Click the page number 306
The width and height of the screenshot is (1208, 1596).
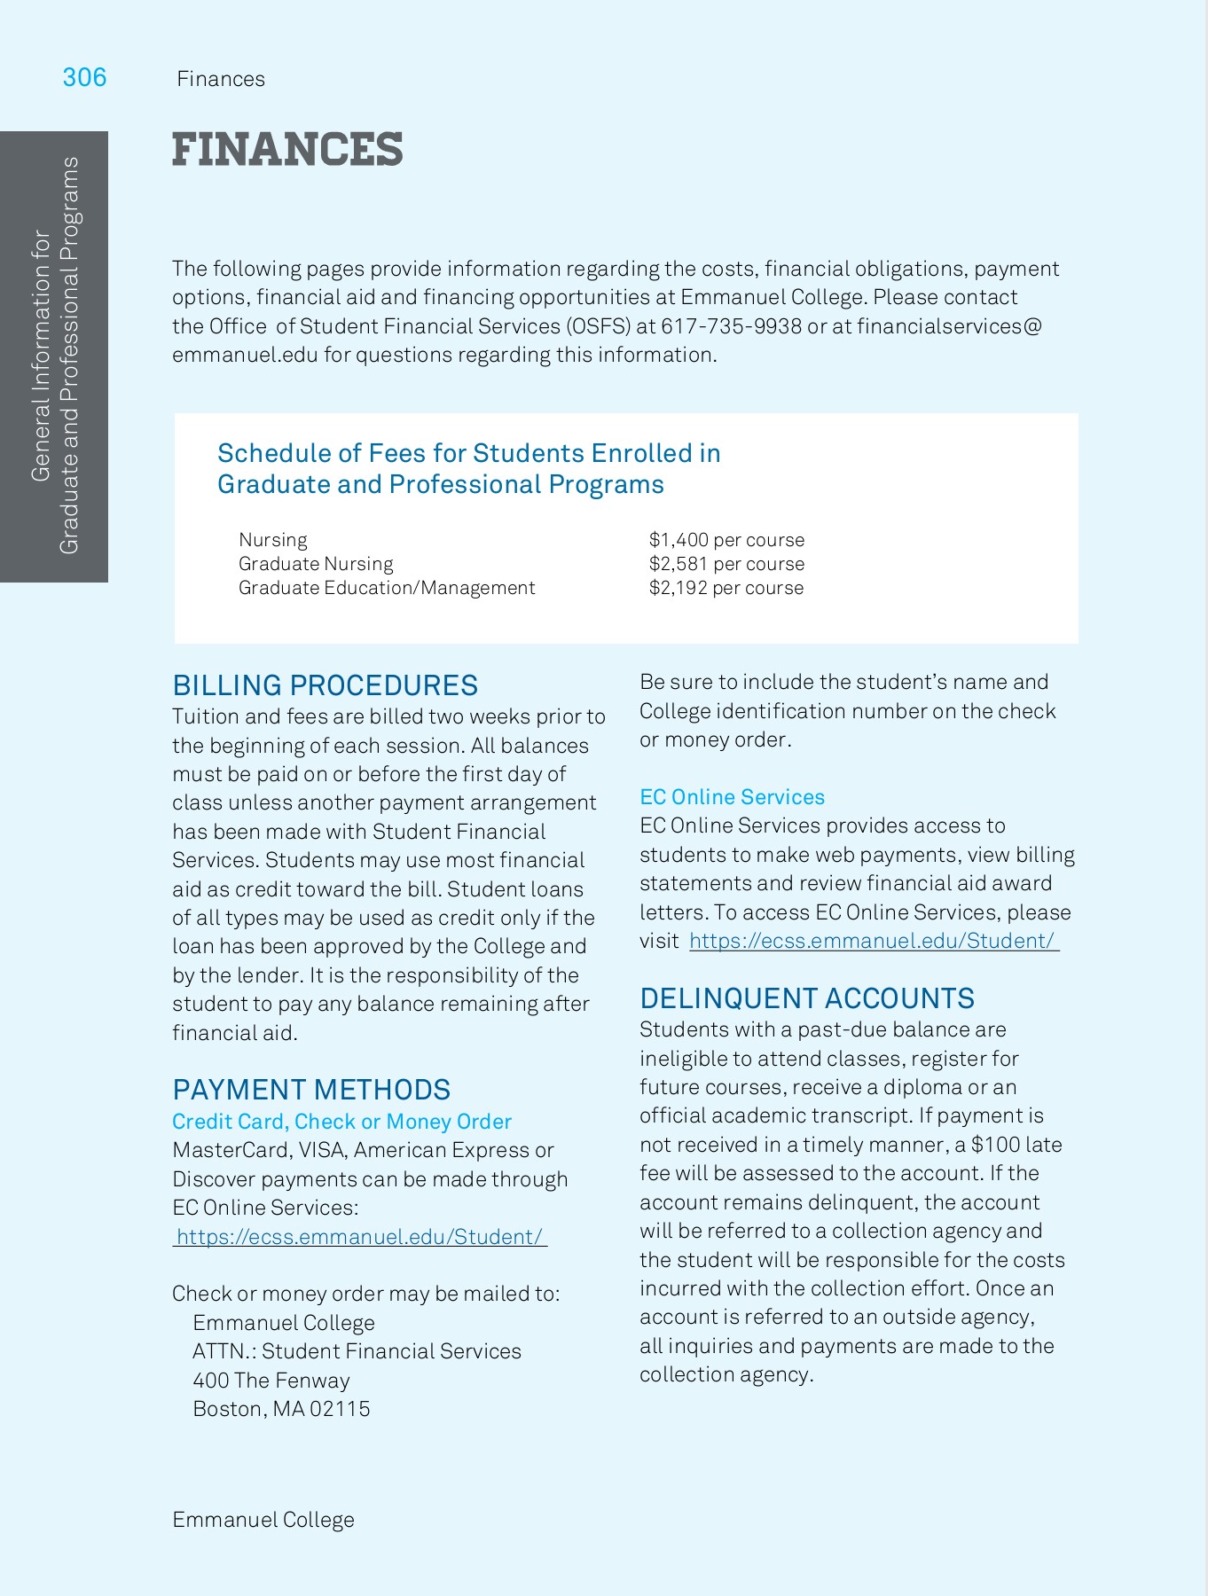click(84, 78)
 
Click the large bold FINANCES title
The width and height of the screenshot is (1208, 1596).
click(287, 149)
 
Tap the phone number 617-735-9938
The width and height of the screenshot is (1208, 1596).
click(731, 326)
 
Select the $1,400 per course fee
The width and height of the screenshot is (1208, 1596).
click(726, 540)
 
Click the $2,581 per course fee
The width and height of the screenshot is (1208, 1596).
click(726, 564)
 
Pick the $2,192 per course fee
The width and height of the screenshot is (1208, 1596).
click(726, 588)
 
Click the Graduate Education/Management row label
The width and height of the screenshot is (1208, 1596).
click(386, 588)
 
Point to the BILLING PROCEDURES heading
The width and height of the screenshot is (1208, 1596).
click(325, 685)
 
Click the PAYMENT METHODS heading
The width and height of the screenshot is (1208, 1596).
click(311, 1090)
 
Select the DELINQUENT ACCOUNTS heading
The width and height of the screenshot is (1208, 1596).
click(806, 998)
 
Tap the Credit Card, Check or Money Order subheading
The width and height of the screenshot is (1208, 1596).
click(341, 1122)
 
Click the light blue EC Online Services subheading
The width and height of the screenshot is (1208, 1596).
click(732, 797)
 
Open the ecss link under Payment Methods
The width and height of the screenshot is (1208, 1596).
click(359, 1237)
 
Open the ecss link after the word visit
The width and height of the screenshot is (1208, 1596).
click(874, 941)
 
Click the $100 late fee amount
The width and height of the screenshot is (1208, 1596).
click(995, 1145)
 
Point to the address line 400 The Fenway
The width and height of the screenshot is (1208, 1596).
click(271, 1381)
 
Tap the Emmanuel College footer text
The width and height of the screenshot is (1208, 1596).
click(263, 1520)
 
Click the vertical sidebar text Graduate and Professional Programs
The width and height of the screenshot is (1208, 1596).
click(69, 355)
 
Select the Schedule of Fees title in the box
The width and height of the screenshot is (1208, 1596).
click(468, 468)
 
